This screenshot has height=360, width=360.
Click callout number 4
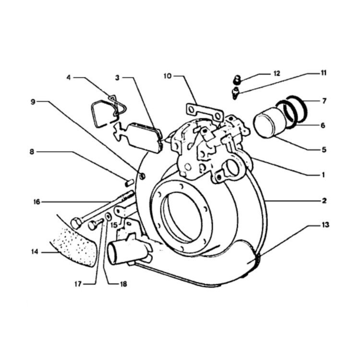pos(69,77)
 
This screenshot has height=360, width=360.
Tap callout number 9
pos(33,101)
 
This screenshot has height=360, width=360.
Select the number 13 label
pos(325,225)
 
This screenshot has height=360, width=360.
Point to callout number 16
pos(37,202)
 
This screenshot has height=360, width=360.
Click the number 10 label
pos(168,76)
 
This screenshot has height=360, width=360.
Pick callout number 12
pos(277,73)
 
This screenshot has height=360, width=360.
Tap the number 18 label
pos(123,284)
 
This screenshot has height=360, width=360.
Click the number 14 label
pos(35,252)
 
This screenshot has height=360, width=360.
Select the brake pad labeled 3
pos(144,138)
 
